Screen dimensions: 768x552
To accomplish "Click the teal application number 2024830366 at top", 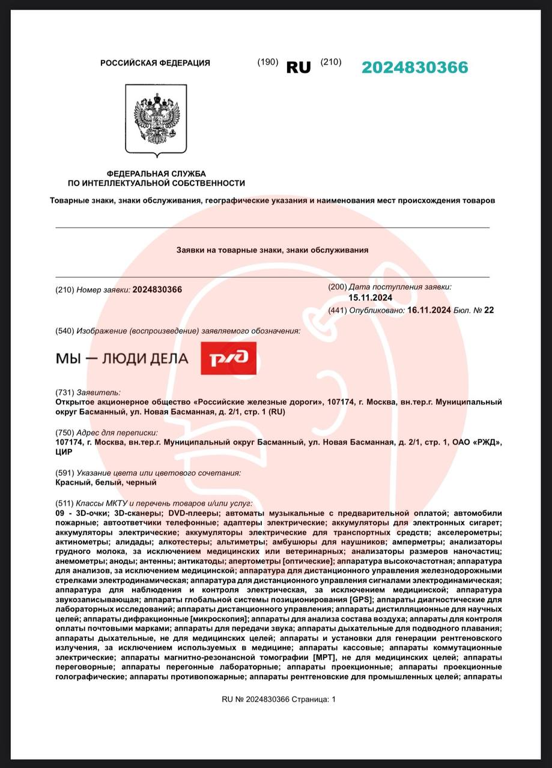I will [414, 68].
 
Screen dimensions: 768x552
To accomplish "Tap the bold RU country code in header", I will [299, 68].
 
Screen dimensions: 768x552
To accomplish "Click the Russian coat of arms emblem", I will [156, 119].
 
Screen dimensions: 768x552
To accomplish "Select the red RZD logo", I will [228, 358].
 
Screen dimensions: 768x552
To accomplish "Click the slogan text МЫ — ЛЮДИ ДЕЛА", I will [122, 359].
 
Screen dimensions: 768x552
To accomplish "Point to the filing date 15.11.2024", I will [370, 298].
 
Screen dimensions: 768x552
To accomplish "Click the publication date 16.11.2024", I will [429, 310].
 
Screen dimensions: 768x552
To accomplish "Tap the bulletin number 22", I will [489, 310].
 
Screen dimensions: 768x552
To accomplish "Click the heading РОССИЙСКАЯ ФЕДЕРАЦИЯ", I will [155, 63].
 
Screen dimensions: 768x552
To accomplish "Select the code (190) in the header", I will [268, 62].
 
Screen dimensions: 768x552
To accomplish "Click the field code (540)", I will [64, 331].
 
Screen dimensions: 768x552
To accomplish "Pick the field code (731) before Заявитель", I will [64, 392].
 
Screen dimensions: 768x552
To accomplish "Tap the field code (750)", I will [64, 433].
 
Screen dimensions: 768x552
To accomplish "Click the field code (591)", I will [64, 473].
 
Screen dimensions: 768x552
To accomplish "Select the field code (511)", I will [64, 503].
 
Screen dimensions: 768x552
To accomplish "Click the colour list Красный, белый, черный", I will [106, 482].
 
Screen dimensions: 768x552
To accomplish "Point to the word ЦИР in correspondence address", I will [63, 452].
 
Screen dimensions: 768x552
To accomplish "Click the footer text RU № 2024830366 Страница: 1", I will [279, 699].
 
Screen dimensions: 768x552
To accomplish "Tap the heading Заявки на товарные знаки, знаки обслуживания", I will [272, 250].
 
